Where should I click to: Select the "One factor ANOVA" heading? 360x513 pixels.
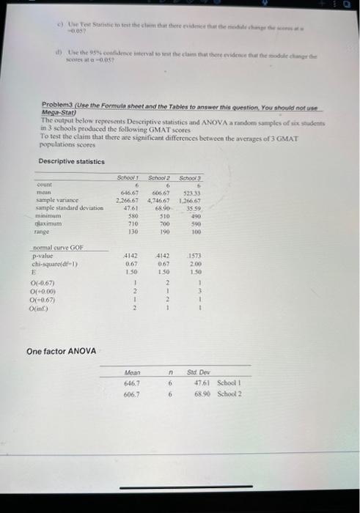click(61, 351)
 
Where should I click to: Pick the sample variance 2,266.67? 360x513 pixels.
click(129, 201)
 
